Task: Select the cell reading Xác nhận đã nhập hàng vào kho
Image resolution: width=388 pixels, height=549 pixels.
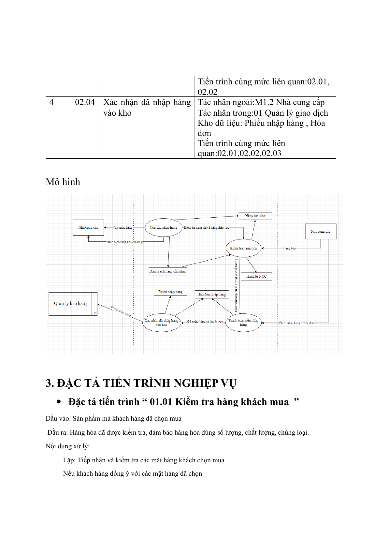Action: click(147, 108)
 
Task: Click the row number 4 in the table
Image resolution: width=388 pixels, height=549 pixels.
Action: click(51, 102)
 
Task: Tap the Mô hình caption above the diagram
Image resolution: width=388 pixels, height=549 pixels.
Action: click(63, 182)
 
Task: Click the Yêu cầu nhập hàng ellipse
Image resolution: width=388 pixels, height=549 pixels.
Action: click(164, 227)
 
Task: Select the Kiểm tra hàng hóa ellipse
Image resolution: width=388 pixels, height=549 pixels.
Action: click(243, 248)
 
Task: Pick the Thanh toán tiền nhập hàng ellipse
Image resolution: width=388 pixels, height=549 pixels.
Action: click(243, 322)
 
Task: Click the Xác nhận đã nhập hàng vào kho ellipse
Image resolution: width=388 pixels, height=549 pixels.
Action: click(162, 322)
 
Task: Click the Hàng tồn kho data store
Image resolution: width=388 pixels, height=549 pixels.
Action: click(255, 216)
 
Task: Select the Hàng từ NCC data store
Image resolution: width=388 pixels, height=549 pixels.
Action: click(256, 276)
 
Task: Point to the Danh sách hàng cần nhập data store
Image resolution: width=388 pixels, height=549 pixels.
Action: click(168, 271)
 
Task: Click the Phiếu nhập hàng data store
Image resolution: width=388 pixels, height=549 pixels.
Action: click(170, 292)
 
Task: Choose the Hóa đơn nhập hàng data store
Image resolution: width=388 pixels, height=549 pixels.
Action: click(211, 295)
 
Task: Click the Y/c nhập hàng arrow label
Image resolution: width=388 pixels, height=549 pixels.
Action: click(123, 228)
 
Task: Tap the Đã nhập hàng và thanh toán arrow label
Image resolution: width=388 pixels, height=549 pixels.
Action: click(205, 322)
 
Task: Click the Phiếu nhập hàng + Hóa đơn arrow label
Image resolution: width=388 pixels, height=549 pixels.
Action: click(296, 323)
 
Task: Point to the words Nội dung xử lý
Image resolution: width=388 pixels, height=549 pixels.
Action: click(67, 446)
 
